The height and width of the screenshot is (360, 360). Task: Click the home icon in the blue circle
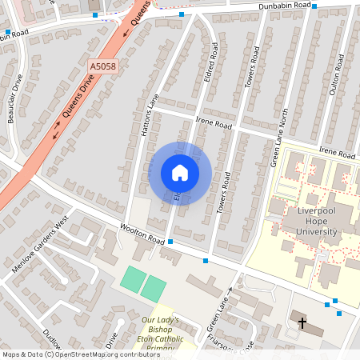click(179, 173)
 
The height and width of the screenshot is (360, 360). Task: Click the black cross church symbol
click(302, 323)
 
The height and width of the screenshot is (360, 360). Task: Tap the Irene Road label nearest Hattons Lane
click(212, 125)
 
